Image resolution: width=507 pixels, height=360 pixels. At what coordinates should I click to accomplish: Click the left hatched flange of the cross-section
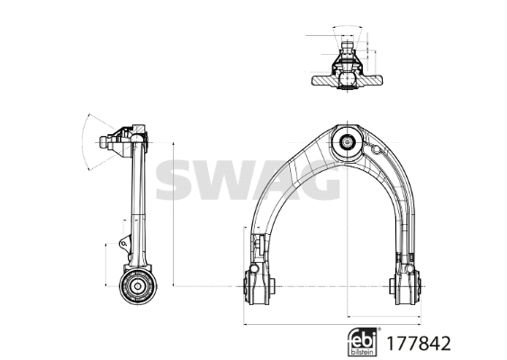322,80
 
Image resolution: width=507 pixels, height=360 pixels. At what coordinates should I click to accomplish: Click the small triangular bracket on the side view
122,242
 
